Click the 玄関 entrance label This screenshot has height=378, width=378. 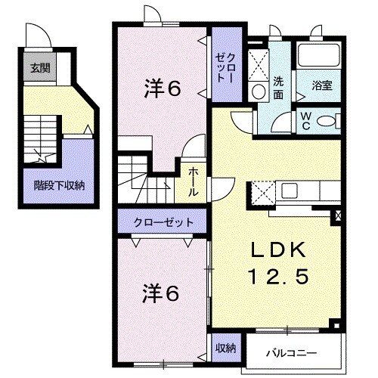click(40, 68)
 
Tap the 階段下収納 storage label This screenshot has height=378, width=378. click(59, 185)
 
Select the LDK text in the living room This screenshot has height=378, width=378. click(278, 250)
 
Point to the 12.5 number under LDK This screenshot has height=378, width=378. click(278, 276)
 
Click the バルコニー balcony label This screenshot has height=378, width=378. click(292, 353)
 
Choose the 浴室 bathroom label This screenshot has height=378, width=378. click(322, 85)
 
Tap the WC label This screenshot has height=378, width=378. click(305, 121)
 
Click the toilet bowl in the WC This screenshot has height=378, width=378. click(325, 121)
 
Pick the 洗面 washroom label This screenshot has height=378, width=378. click(278, 88)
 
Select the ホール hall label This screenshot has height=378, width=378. click(193, 182)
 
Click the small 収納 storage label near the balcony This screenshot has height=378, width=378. click(225, 348)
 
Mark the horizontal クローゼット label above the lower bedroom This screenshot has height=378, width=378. click(164, 222)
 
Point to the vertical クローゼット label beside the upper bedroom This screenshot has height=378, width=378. click(225, 69)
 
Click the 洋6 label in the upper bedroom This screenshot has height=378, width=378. click(163, 88)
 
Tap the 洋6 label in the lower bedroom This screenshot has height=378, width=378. click(161, 294)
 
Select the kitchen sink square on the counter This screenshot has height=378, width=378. click(290, 191)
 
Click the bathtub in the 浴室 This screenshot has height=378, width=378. click(318, 55)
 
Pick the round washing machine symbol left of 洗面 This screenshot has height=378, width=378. click(259, 91)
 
